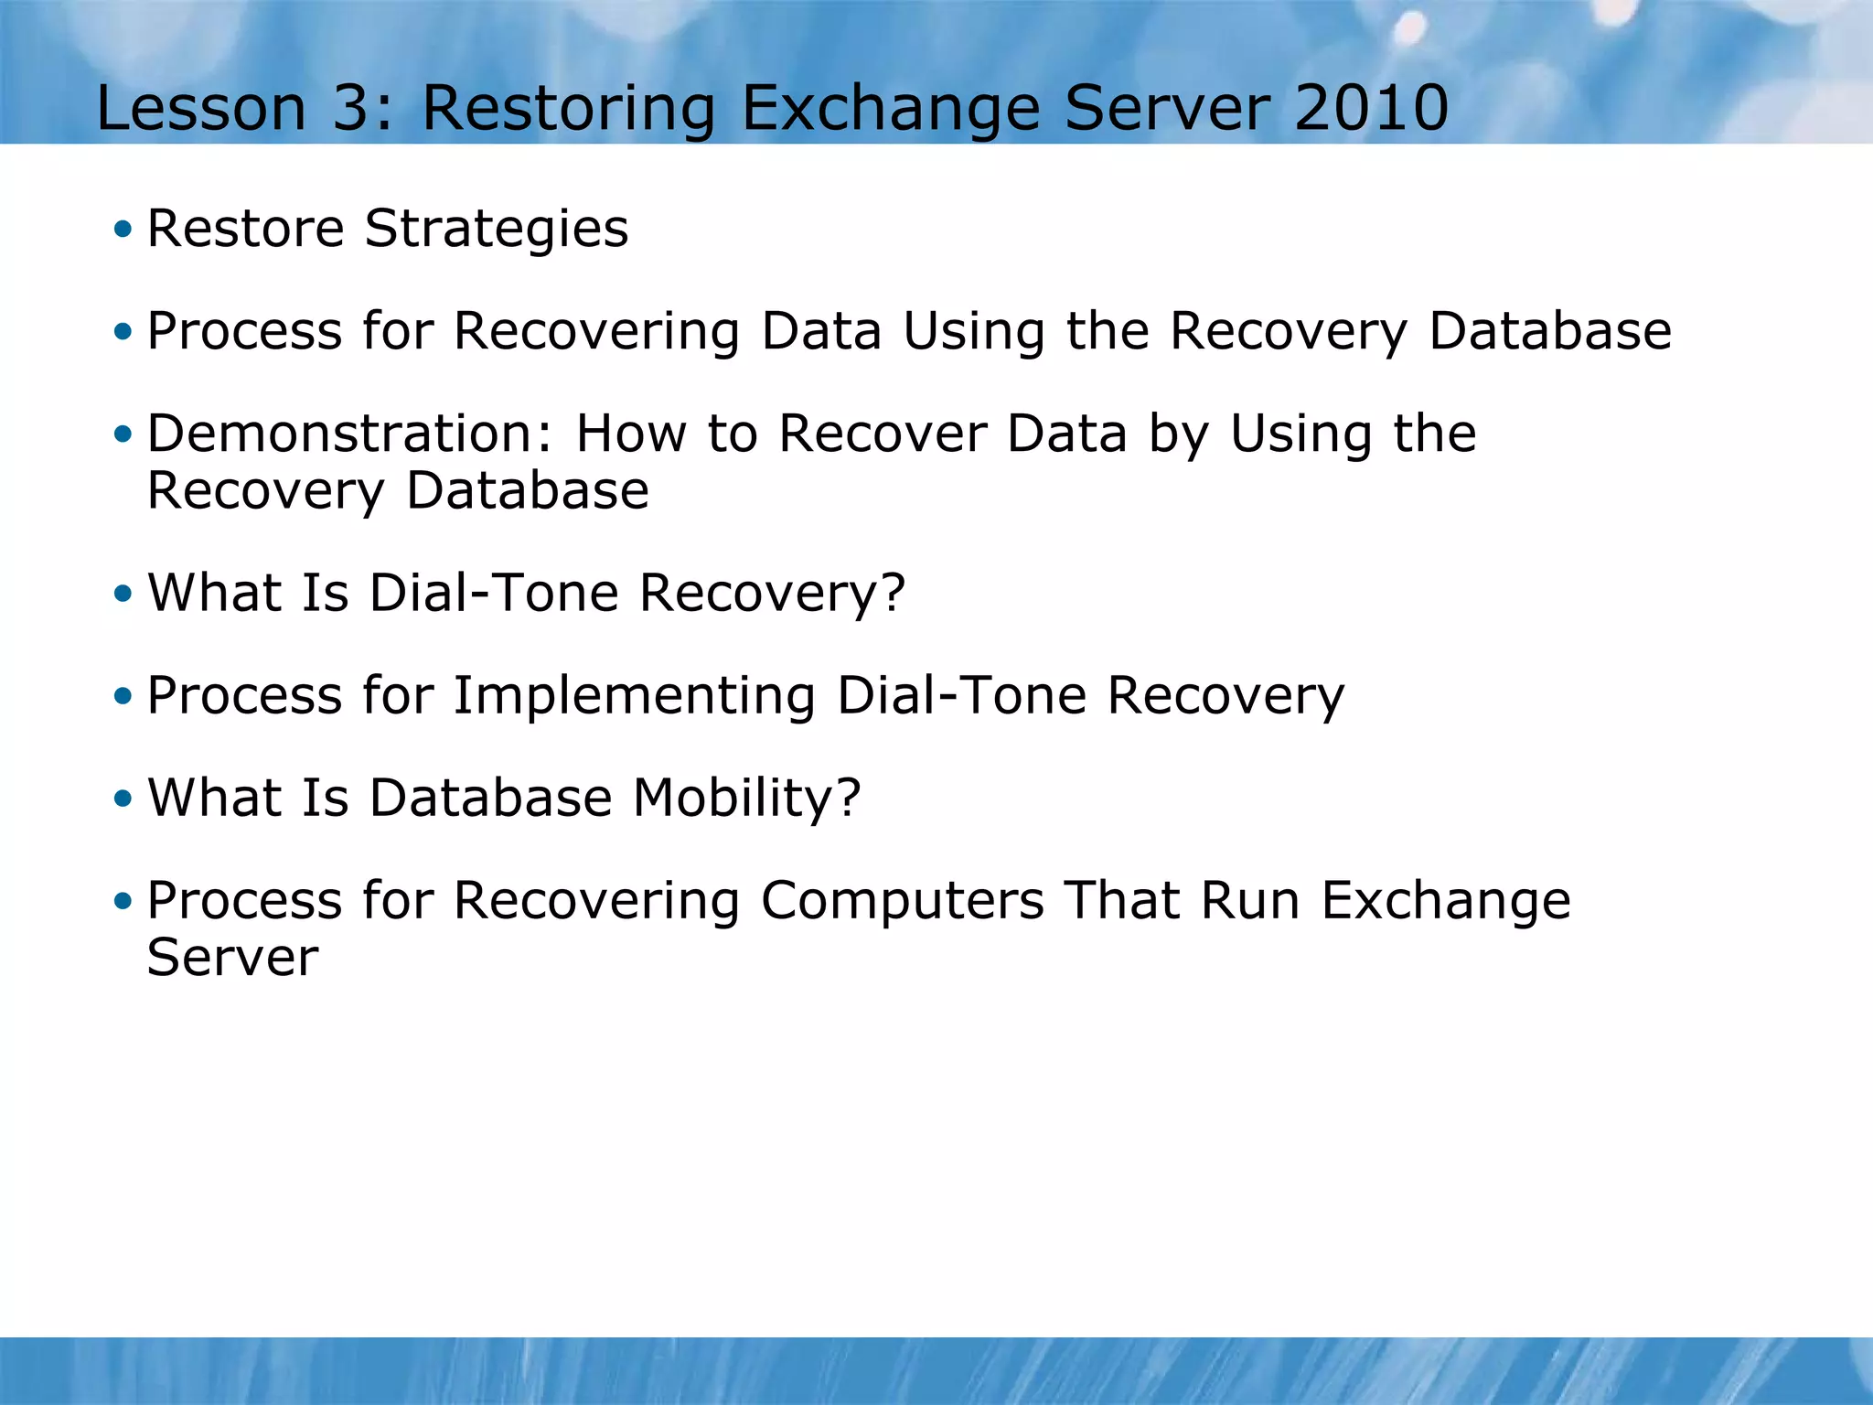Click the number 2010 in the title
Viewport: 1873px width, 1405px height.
(1371, 108)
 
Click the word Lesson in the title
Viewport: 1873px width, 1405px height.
(200, 108)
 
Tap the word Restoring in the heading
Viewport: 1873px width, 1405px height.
(568, 108)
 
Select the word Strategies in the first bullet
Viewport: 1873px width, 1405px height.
(497, 229)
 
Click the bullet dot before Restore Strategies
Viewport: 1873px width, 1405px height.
(123, 229)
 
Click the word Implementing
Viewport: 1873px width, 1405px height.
(634, 695)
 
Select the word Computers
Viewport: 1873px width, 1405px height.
(902, 900)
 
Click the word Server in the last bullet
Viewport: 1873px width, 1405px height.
(232, 958)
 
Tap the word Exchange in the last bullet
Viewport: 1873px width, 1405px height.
(1446, 900)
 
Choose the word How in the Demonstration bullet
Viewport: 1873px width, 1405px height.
(630, 433)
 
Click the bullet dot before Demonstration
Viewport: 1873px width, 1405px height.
(123, 434)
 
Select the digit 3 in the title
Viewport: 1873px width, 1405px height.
(350, 108)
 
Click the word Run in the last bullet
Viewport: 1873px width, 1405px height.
(1250, 900)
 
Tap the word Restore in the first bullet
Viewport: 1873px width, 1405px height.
(245, 229)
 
